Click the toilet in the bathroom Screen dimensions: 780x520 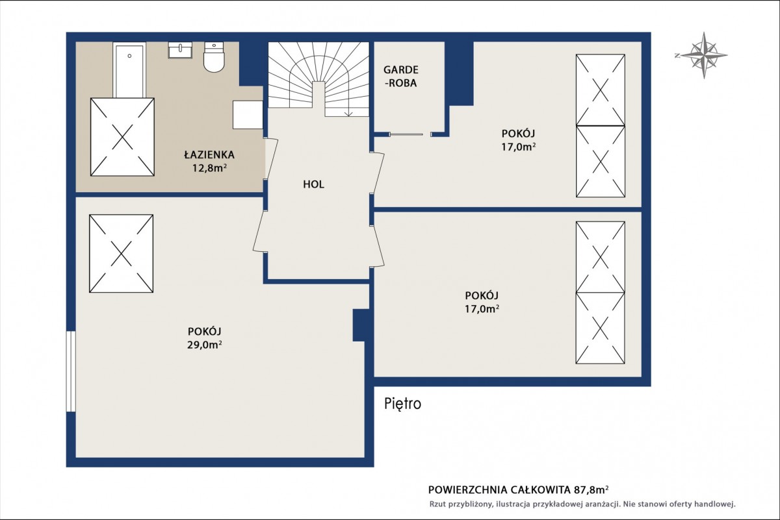point(214,57)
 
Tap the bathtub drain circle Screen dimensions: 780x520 point(129,56)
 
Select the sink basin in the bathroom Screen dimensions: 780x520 point(180,50)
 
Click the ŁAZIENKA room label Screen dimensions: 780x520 point(209,155)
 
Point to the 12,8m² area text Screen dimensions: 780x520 point(209,168)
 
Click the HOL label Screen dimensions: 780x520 point(313,184)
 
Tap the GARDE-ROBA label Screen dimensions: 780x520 point(401,77)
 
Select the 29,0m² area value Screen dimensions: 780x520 point(205,345)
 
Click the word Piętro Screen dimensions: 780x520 point(403,404)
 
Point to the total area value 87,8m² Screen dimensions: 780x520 point(591,489)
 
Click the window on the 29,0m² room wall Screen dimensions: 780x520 point(71,371)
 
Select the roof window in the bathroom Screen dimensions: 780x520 point(122,137)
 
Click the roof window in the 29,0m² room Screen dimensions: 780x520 point(121,253)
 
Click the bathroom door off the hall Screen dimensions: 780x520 point(270,159)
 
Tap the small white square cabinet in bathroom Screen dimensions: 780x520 point(248,115)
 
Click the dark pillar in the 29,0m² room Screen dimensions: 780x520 point(361,325)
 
